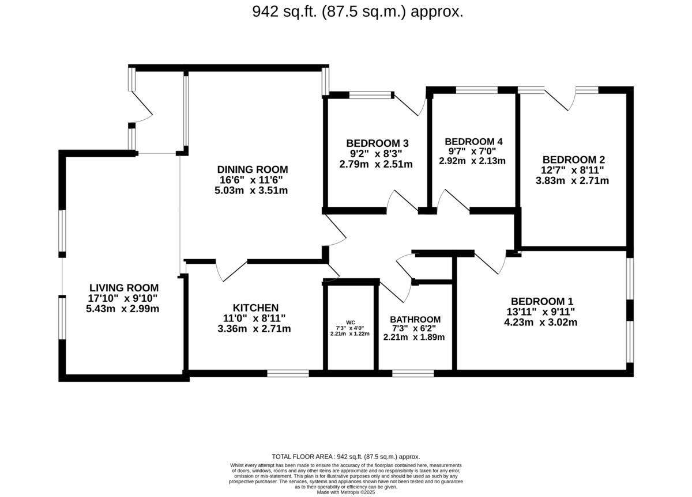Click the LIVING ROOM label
(x=123, y=287)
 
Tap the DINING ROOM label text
(x=252, y=169)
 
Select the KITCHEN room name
(x=255, y=308)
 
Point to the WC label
(x=350, y=322)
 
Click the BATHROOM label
(x=415, y=320)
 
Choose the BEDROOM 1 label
(x=541, y=301)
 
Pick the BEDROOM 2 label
(x=573, y=160)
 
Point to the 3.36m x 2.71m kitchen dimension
(x=255, y=329)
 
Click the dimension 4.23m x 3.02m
(x=541, y=322)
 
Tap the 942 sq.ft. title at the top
(x=358, y=12)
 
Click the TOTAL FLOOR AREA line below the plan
(x=345, y=456)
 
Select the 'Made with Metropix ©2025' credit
(x=345, y=492)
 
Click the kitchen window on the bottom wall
(x=288, y=374)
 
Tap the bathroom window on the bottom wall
(x=413, y=374)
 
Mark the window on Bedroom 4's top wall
(x=476, y=90)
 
